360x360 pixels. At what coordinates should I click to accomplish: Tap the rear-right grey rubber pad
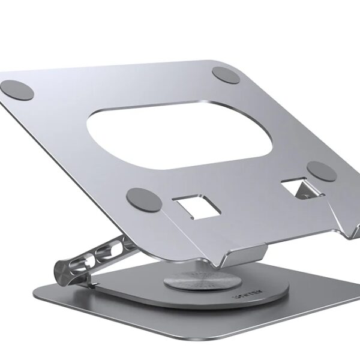pos(226,74)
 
